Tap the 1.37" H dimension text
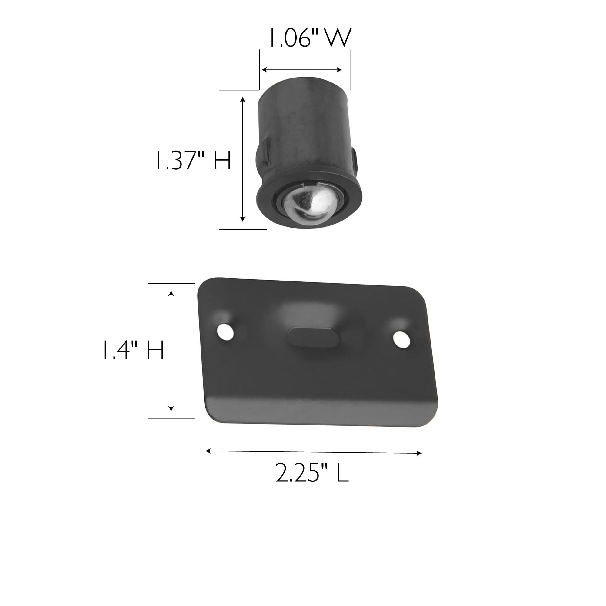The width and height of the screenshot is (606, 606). coord(193,161)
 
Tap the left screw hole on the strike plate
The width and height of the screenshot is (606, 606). coord(225,331)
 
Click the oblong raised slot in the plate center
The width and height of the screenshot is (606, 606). coord(314,337)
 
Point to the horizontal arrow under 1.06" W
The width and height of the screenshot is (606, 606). coord(301,70)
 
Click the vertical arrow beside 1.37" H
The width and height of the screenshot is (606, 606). coord(242,159)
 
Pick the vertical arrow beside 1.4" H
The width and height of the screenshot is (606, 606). coord(171,351)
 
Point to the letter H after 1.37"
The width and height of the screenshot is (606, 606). coord(222,161)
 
